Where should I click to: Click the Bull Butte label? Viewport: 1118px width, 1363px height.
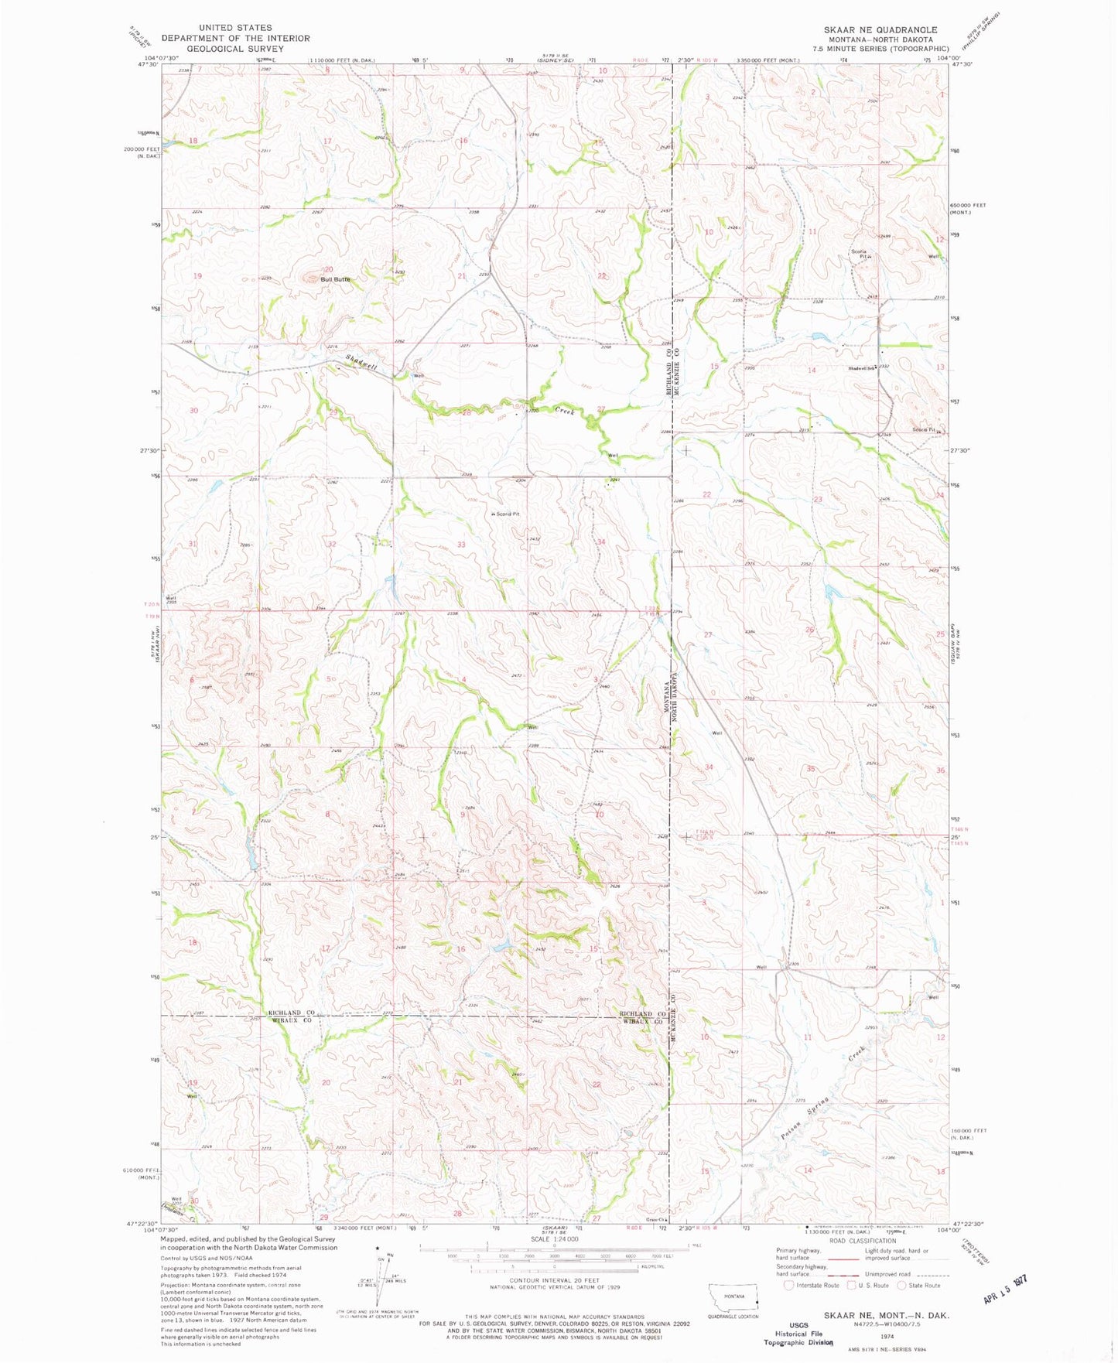tap(336, 279)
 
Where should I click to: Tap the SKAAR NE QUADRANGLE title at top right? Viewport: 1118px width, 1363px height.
tap(880, 30)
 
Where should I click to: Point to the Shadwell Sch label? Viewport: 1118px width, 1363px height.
tap(860, 367)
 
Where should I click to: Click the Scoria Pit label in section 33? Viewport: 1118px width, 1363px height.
tap(506, 514)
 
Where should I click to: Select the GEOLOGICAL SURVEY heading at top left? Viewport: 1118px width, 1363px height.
tap(235, 48)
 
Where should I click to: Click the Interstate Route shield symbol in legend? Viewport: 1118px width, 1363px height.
tap(788, 1286)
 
